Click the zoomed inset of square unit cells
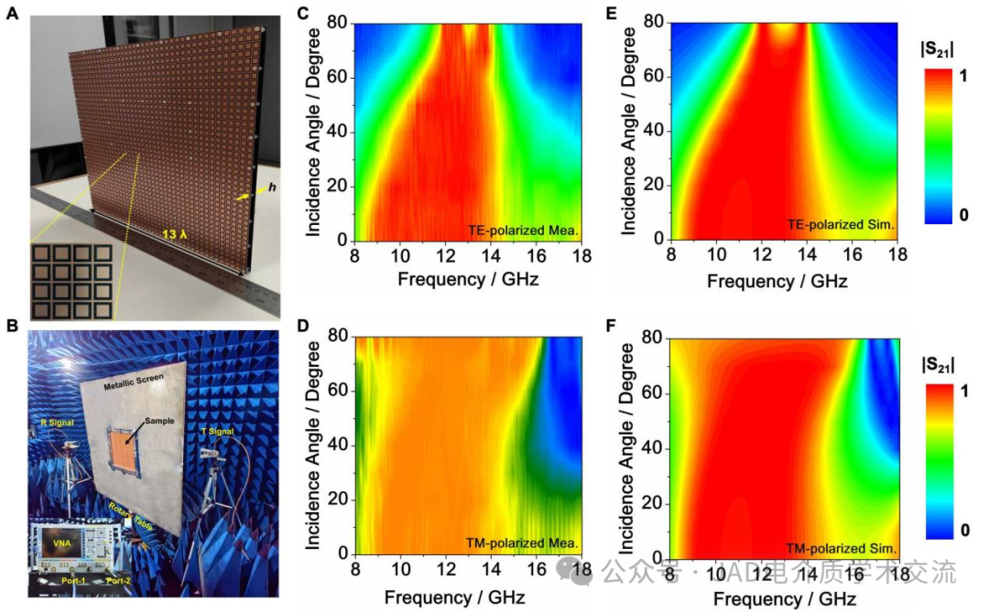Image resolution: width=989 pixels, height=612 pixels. (71, 282)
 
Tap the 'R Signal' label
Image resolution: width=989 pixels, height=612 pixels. (56, 424)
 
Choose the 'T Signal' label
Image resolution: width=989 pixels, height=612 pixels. (219, 431)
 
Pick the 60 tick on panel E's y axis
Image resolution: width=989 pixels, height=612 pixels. (654, 77)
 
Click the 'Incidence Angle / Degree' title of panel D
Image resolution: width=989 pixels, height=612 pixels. (314, 446)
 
